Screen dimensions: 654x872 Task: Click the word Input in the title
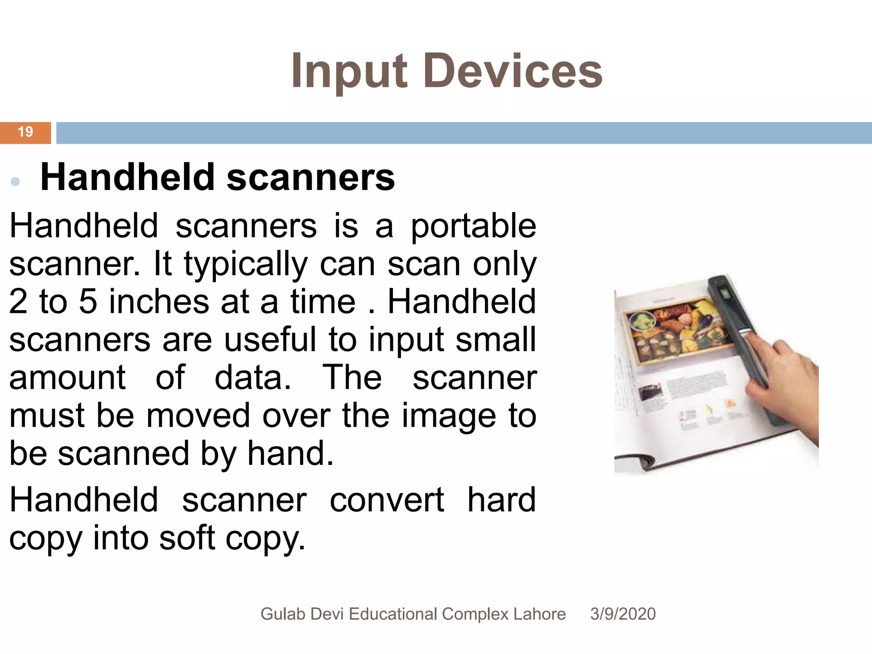tap(349, 72)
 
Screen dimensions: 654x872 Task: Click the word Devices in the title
tap(513, 72)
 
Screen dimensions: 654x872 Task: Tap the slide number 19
tap(25, 132)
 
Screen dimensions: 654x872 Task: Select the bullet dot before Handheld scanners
tap(15, 182)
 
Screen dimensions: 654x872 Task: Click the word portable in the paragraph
tap(473, 227)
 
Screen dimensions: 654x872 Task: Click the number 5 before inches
tap(88, 302)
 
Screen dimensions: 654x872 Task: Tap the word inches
tap(159, 302)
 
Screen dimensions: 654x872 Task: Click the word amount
tap(67, 378)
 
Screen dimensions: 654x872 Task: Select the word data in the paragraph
tap(252, 378)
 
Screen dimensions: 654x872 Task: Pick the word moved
tap(198, 416)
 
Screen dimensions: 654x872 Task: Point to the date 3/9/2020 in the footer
tap(622, 614)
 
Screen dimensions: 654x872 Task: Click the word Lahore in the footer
tap(539, 614)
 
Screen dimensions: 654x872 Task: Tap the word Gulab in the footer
tap(283, 614)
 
